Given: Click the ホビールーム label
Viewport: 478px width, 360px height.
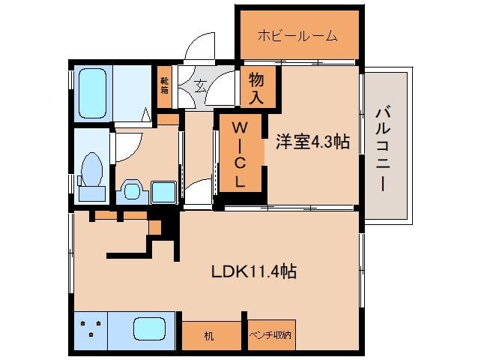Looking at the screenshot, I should tap(297, 35).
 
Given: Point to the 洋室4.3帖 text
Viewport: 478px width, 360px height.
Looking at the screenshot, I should tap(312, 141).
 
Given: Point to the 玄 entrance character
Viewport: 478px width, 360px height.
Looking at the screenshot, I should tap(201, 85).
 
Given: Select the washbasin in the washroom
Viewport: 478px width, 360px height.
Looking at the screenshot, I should tap(132, 191).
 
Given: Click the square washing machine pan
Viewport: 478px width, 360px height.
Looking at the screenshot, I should tap(161, 192).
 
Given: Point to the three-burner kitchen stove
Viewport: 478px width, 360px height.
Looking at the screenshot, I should tap(91, 328).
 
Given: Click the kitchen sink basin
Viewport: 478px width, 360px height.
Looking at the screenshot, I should tap(150, 328).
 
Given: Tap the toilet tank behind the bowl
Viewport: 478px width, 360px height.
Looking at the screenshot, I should tap(91, 193).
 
